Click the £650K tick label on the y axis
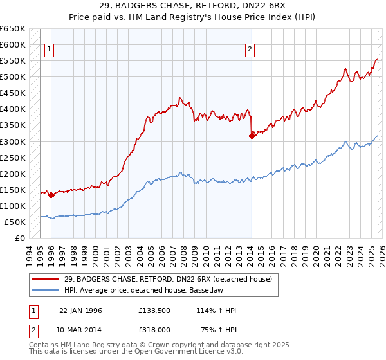13,29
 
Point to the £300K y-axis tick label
13,141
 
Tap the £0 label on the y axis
20,238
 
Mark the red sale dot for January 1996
51,195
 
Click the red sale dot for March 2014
252,136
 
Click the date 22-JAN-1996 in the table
80,310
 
